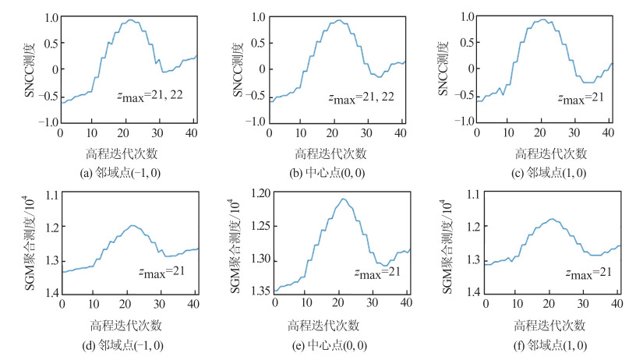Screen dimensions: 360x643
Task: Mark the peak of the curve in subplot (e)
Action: click(343, 199)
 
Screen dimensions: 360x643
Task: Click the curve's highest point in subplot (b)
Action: click(341, 20)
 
